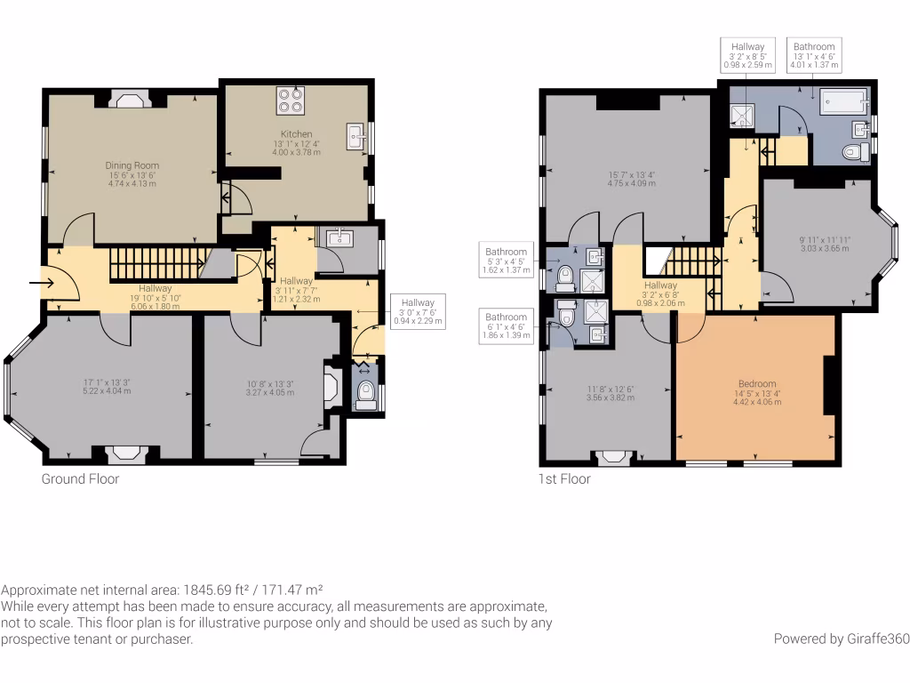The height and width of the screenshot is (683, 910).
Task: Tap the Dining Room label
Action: click(132, 165)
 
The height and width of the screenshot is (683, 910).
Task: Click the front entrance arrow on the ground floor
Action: click(41, 284)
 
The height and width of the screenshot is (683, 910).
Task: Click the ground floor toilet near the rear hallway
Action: click(364, 394)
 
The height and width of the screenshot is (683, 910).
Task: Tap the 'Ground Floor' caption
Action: click(80, 479)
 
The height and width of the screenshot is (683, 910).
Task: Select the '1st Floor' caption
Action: click(564, 479)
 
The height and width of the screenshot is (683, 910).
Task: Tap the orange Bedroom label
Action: click(756, 384)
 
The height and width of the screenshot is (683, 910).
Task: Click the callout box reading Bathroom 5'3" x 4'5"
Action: click(505, 260)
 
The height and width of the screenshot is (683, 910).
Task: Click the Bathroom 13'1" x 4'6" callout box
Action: click(814, 55)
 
